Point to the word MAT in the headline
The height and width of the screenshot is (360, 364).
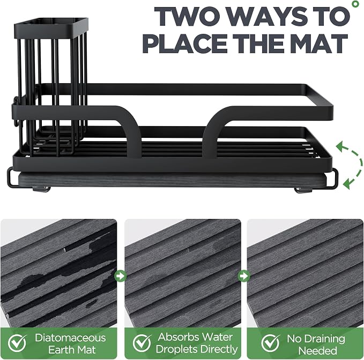[x=320, y=43]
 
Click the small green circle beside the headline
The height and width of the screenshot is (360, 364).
[x=355, y=4]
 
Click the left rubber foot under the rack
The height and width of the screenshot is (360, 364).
[x=41, y=189]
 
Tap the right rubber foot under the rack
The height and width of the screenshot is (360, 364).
[x=303, y=190]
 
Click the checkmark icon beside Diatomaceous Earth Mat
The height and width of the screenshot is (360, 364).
[x=17, y=343]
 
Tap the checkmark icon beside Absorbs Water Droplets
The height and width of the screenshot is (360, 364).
[x=142, y=343]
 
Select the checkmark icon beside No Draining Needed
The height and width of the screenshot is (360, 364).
[x=271, y=343]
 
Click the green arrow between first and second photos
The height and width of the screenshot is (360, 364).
[x=121, y=276]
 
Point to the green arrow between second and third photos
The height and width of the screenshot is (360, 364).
[x=244, y=276]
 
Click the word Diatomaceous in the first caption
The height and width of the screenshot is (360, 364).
[x=70, y=337]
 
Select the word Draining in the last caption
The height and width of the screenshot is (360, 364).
[x=316, y=339]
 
